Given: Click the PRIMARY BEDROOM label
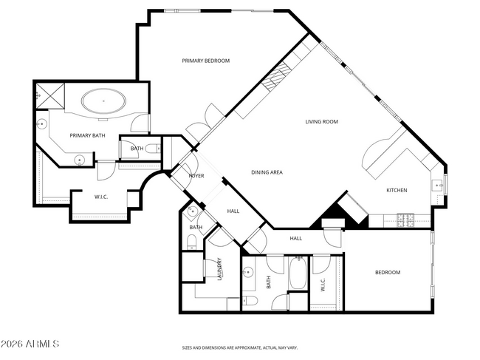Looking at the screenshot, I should (206, 61).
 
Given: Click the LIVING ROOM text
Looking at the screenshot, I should (322, 121).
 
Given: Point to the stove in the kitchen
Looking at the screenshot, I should (405, 219).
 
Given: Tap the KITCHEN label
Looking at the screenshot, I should (397, 190).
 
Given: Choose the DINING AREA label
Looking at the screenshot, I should (267, 172).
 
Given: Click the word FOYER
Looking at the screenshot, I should (196, 176).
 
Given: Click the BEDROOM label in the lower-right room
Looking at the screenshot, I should (387, 273).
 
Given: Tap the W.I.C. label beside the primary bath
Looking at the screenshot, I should (102, 197).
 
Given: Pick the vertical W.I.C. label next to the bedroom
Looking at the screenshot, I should (323, 283).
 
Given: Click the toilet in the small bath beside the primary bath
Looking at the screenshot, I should (152, 149).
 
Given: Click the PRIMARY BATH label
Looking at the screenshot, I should (86, 135).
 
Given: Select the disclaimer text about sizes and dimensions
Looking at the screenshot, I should (239, 347).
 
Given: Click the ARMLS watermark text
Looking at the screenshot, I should (30, 344).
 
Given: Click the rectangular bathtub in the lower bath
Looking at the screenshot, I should (298, 274).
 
